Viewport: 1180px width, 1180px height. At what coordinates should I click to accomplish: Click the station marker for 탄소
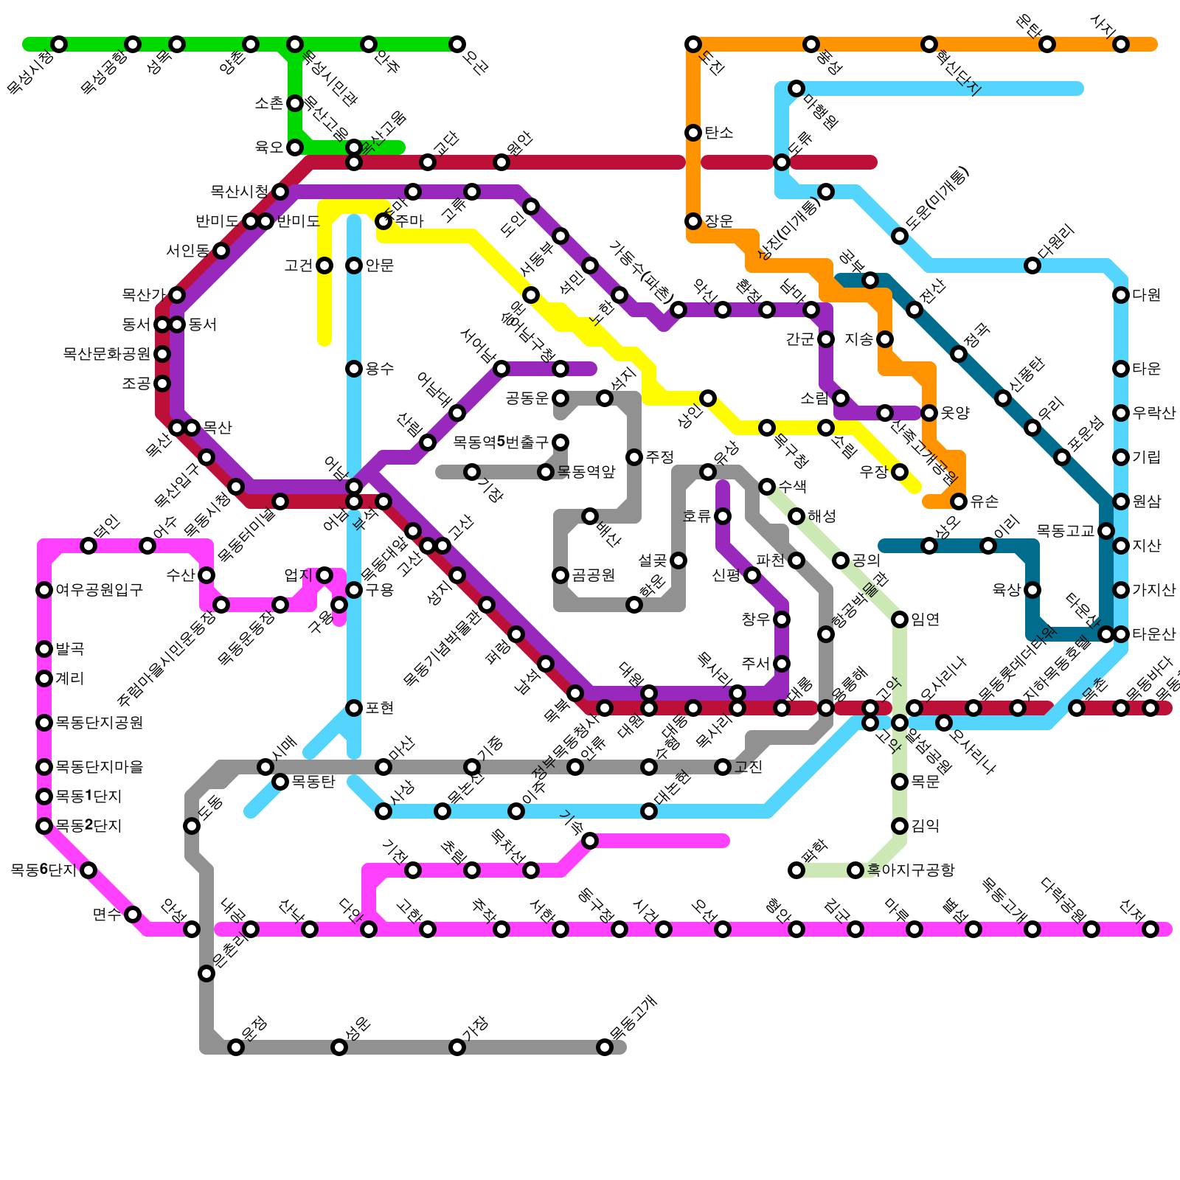point(693,133)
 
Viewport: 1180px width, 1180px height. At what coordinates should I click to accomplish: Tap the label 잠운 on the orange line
point(718,221)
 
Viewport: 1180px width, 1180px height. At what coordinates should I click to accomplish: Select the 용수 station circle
point(354,369)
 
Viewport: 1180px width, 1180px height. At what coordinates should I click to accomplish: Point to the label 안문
point(379,265)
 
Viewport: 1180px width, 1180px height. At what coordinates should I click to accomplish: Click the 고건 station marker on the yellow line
point(324,265)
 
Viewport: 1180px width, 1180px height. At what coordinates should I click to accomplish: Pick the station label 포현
point(379,708)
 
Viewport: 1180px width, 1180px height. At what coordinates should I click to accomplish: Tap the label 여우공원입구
point(99,590)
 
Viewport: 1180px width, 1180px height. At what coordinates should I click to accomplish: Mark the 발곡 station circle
point(44,649)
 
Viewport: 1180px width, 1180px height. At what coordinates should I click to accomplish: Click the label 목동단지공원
point(99,723)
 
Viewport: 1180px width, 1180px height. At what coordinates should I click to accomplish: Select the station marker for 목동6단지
point(88,870)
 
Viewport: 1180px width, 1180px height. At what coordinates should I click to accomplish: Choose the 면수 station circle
point(133,914)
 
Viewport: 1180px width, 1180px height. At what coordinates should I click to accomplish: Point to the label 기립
point(1146,457)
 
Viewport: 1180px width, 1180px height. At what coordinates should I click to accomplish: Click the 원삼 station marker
point(1121,502)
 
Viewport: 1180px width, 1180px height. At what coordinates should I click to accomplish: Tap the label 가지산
point(1153,590)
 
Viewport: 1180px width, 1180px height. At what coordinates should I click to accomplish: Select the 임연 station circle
point(900,619)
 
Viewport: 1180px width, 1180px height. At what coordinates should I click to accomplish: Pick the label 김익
point(925,826)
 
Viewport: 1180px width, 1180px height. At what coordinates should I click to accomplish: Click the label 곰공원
point(593,575)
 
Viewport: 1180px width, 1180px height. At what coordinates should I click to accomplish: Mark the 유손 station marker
point(959,502)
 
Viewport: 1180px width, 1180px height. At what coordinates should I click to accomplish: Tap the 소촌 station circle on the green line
point(295,103)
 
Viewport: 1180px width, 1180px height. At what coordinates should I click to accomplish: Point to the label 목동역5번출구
point(501,442)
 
